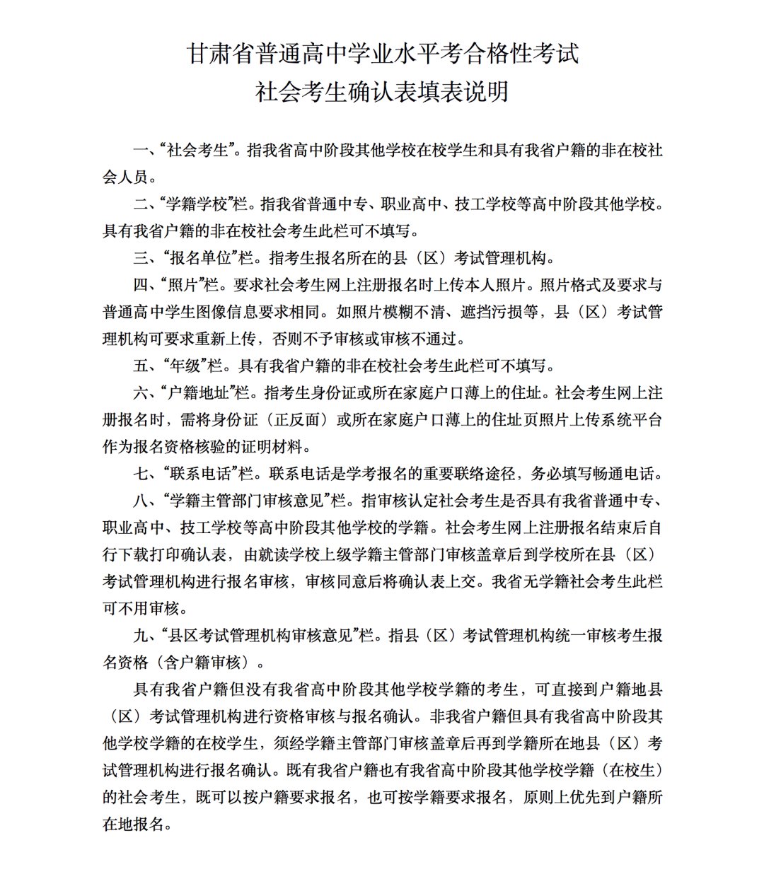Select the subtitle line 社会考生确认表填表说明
click(382, 92)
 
